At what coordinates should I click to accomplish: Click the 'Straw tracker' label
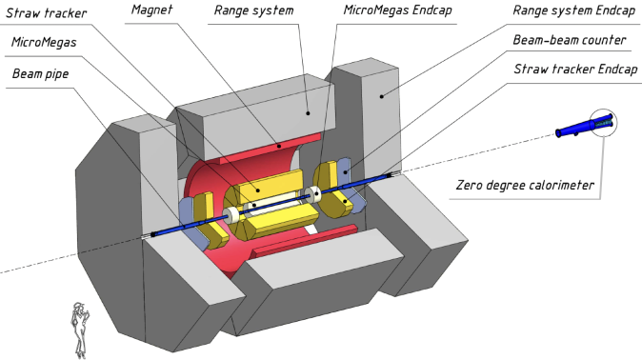(42, 13)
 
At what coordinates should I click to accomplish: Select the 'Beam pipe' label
(40, 71)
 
